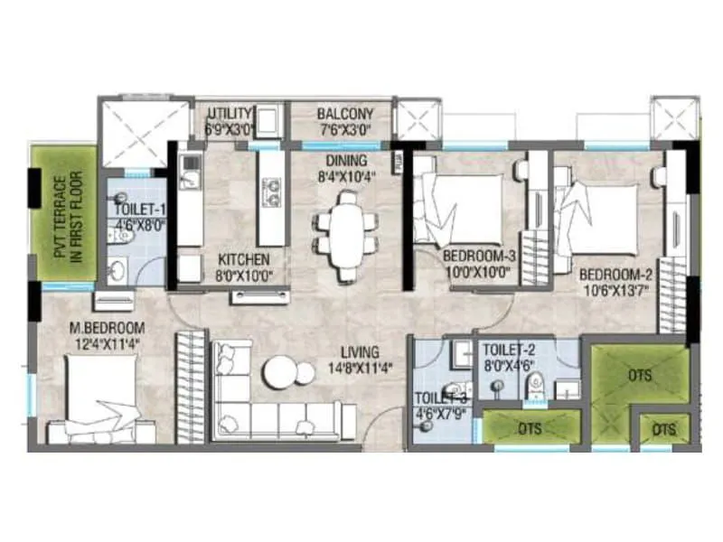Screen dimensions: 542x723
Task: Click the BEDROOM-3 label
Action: pyautogui.click(x=477, y=257)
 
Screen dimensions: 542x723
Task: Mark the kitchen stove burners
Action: pyautogui.click(x=270, y=189)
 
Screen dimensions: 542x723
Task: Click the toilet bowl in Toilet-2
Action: pyautogui.click(x=536, y=386)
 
